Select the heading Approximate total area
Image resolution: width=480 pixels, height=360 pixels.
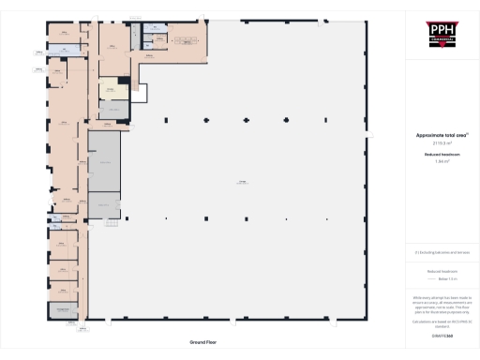point(441,135)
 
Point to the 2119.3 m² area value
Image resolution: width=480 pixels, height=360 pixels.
point(441,142)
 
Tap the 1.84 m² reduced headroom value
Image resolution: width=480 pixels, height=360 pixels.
point(441,161)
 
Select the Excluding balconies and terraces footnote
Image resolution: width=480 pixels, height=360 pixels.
point(441,252)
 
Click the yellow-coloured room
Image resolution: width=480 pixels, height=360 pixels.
point(112,89)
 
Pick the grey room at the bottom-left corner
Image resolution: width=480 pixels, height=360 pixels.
point(63,311)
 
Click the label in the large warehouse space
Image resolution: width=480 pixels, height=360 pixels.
point(242,182)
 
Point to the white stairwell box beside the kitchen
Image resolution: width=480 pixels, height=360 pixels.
point(139,92)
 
